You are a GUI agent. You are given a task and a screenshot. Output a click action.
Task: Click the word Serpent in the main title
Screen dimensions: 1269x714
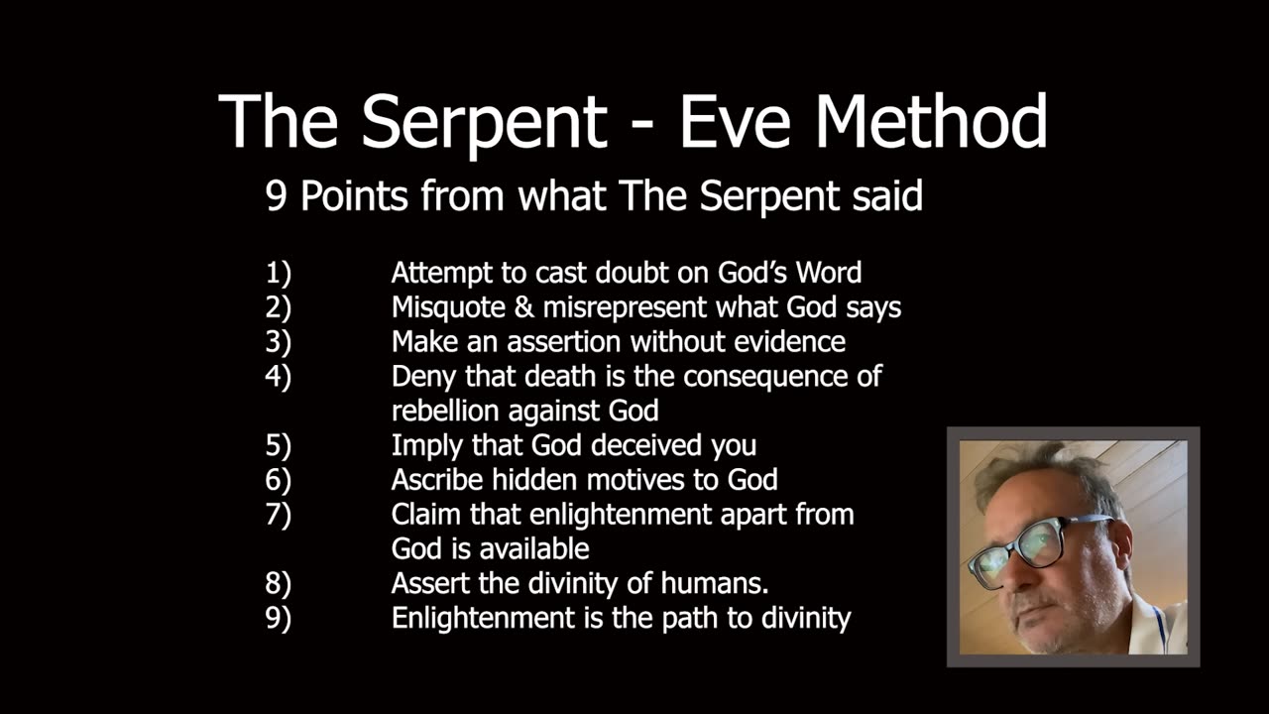tap(485, 123)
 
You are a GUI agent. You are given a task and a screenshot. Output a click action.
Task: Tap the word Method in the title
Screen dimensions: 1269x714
tap(931, 121)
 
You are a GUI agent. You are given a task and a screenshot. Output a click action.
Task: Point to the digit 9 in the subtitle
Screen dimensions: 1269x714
tap(276, 196)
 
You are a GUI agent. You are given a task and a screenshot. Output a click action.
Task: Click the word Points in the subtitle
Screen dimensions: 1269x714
tap(354, 196)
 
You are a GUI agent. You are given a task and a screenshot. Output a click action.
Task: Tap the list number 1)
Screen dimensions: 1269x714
tap(279, 273)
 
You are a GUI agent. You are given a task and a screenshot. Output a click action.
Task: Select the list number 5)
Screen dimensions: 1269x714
tap(279, 445)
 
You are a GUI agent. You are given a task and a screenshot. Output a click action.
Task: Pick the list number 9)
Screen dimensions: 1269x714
tap(279, 618)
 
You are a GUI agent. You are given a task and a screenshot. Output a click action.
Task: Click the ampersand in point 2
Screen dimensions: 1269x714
tap(524, 307)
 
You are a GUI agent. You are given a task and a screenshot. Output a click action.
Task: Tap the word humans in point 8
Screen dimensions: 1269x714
tap(715, 584)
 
